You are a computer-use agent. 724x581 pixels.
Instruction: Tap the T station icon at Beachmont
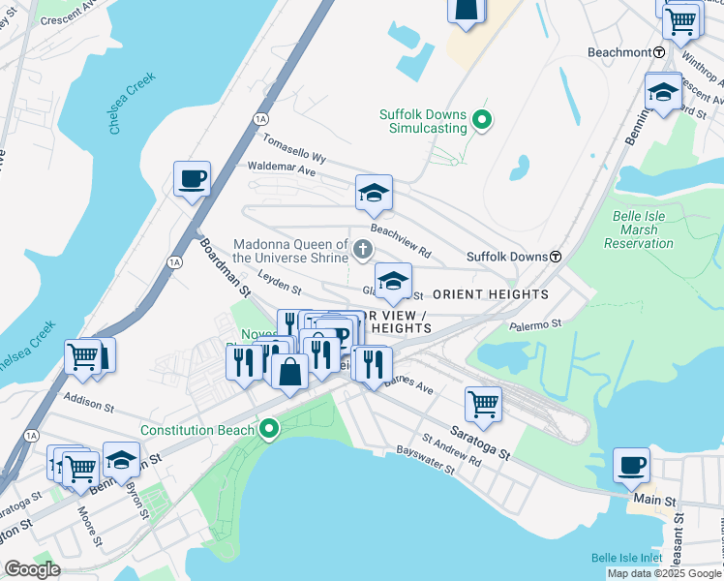click(659, 52)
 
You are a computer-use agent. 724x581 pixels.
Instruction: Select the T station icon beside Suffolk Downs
click(557, 257)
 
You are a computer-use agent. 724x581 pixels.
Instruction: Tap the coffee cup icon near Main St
click(631, 465)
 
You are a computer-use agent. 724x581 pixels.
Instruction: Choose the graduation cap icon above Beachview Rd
click(374, 194)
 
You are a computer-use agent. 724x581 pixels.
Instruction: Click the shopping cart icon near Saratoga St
click(483, 403)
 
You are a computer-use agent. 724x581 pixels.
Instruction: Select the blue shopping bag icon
click(289, 371)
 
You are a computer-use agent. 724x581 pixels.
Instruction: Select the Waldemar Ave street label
click(282, 169)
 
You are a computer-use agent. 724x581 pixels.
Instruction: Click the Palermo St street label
click(536, 325)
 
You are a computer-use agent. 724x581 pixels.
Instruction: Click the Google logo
click(33, 569)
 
